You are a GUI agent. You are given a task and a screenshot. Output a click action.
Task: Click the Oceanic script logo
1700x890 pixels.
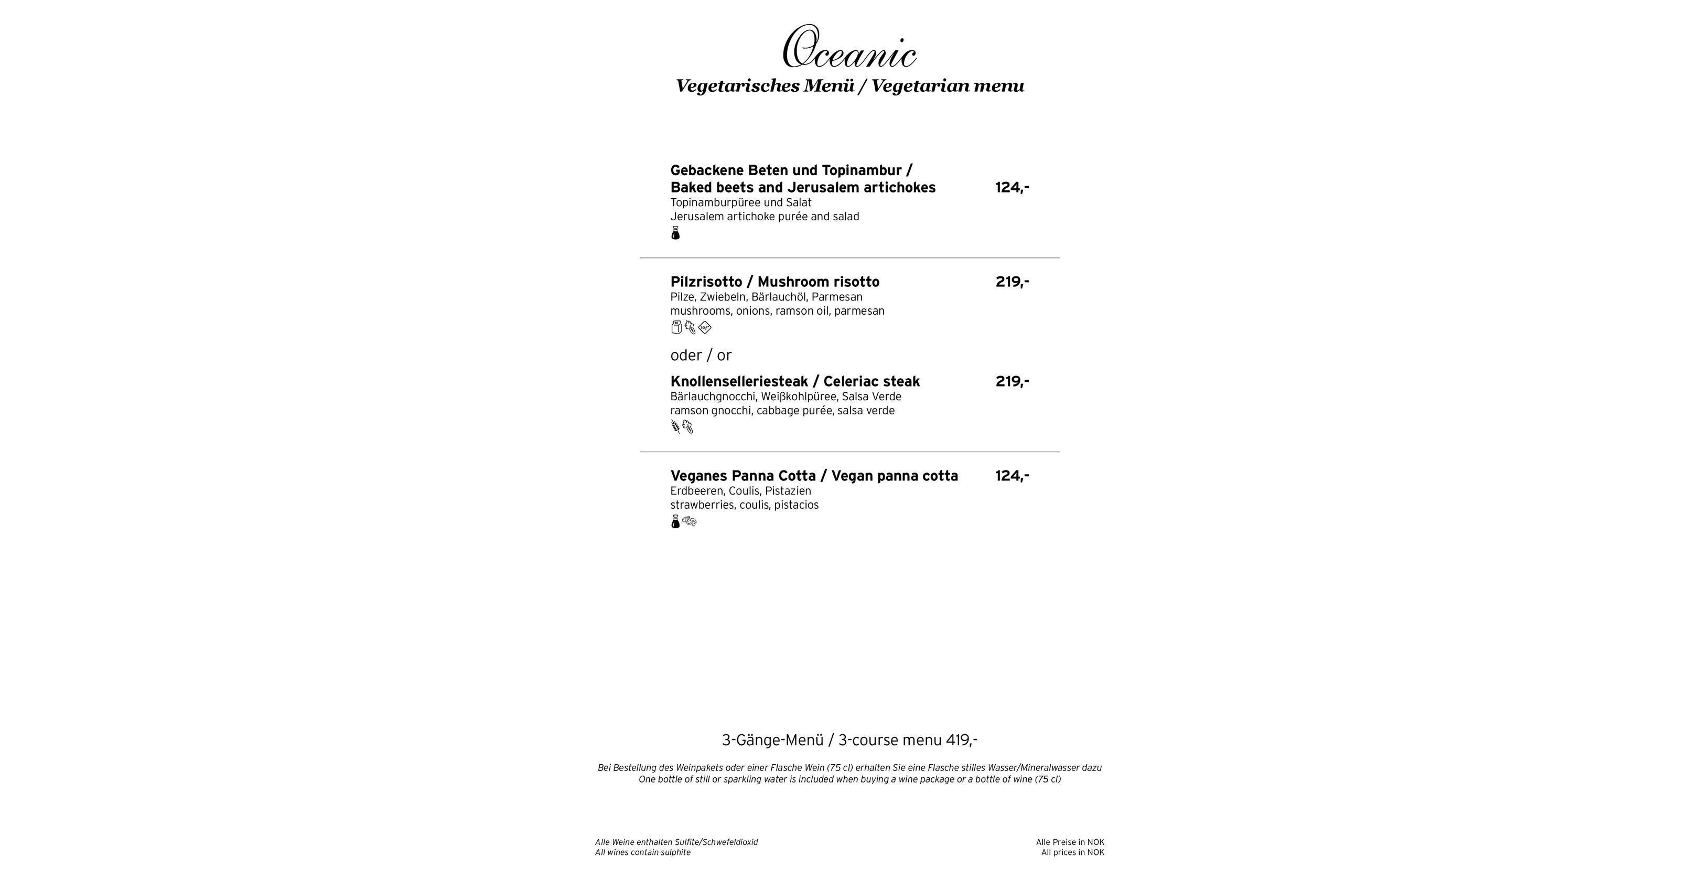(849, 48)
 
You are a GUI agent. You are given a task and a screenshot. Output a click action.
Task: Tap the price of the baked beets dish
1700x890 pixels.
(1012, 188)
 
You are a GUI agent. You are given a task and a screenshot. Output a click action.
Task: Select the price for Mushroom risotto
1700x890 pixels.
(1012, 282)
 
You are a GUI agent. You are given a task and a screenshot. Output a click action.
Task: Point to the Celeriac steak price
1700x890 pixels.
(1012, 382)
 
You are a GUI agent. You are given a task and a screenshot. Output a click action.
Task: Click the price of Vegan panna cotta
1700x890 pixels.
(1012, 476)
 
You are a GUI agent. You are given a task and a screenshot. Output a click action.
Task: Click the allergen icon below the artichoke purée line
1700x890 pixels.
(675, 233)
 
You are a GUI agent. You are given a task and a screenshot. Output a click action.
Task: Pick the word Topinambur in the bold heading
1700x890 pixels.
(861, 170)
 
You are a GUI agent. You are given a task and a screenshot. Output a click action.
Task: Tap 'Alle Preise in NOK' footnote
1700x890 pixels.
(1070, 842)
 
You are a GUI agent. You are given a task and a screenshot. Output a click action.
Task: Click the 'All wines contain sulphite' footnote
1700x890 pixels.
(642, 852)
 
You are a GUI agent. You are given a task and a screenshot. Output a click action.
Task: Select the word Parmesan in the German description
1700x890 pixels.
(837, 297)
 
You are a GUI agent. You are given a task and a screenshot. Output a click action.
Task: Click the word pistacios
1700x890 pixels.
(796, 505)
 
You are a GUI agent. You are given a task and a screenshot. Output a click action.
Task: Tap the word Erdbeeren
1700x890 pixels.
(696, 491)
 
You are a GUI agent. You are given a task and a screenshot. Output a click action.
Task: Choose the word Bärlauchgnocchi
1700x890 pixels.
(713, 397)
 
